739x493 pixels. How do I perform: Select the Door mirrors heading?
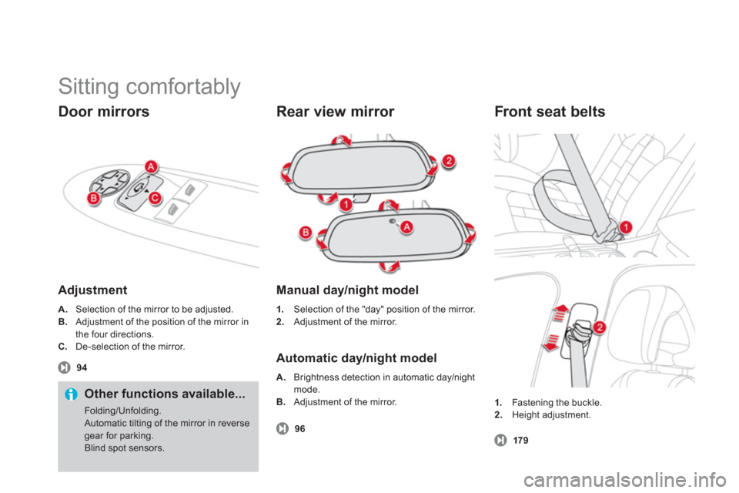click(x=103, y=112)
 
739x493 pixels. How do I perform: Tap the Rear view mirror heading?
click(x=335, y=112)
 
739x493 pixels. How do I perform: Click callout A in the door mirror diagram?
click(x=152, y=167)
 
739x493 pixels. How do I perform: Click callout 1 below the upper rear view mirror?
click(x=347, y=204)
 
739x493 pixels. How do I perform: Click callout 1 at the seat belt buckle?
click(x=627, y=226)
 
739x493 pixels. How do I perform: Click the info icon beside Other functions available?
click(x=71, y=394)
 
